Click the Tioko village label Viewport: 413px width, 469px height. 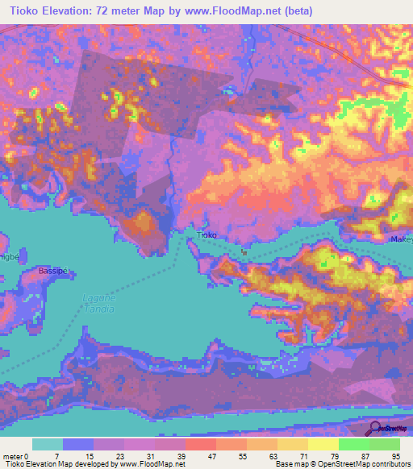207,235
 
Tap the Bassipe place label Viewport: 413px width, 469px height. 54,272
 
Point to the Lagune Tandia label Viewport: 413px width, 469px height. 98,305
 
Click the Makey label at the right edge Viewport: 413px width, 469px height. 403,239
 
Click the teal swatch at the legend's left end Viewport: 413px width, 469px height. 47,444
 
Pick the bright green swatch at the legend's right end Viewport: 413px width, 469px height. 385,444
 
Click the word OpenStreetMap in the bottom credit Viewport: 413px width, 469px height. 348,465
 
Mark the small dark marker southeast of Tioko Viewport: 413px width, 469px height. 243,251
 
